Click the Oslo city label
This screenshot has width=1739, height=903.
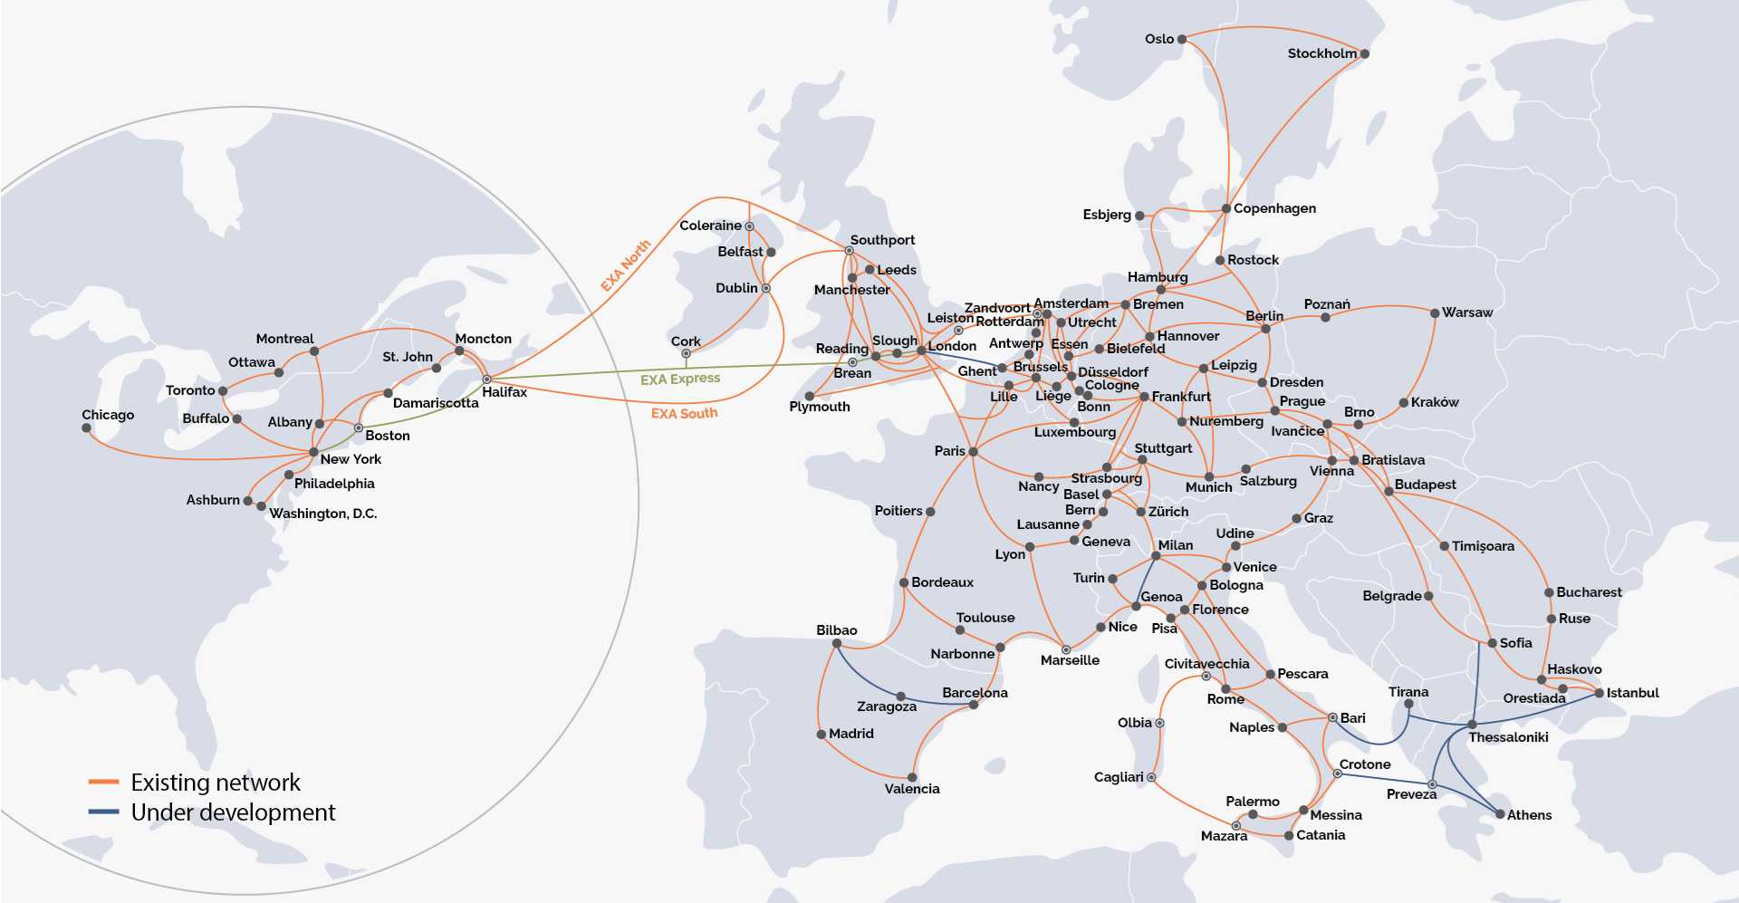[x=1158, y=39]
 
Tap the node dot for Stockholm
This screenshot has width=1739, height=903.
[x=1365, y=53]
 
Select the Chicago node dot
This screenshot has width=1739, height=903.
[x=87, y=428]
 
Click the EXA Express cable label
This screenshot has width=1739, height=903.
[x=679, y=379]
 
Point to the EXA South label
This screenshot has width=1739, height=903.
[x=684, y=413]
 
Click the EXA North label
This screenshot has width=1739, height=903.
[x=625, y=265]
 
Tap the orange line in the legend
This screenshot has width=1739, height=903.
[x=104, y=782]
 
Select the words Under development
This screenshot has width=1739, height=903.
[x=233, y=812]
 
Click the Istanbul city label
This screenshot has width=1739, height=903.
[x=1632, y=693]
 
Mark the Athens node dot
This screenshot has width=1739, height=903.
[x=1500, y=814]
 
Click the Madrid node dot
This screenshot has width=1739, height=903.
[x=821, y=735]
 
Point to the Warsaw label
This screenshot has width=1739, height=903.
[x=1466, y=312]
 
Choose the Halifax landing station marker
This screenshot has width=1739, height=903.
[x=486, y=379]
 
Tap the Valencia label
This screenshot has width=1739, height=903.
[x=911, y=789]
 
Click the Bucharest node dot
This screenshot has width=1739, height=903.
[x=1549, y=592]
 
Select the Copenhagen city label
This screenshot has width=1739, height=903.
[x=1273, y=208]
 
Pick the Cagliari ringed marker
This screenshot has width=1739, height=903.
[x=1151, y=777]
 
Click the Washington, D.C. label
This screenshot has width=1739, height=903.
[x=322, y=514]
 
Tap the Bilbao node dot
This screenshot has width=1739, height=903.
[x=837, y=644]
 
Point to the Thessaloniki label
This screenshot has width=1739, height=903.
[x=1507, y=737]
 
